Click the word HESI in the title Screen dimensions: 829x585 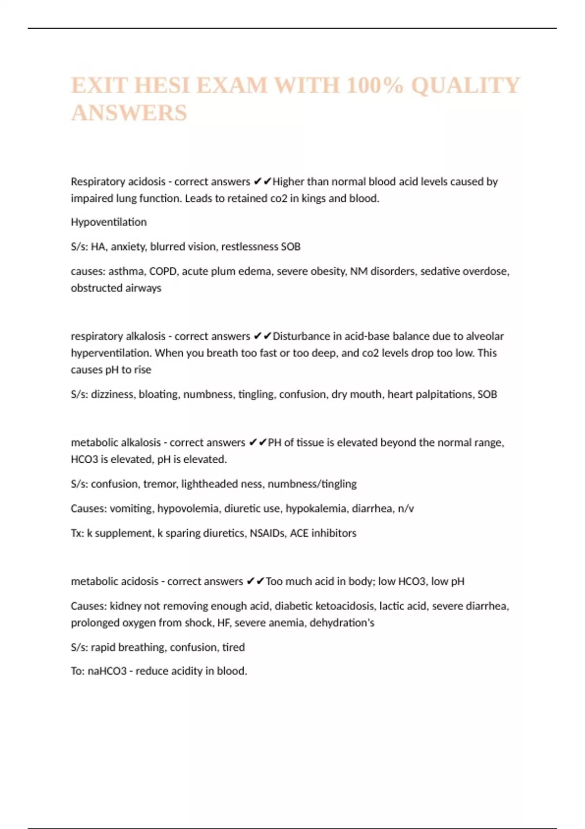161,85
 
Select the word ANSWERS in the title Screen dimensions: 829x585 129,113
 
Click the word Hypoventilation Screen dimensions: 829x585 109,222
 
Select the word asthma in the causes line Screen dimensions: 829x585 126,271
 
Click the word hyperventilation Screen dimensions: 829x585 111,353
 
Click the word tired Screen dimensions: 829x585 234,648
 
